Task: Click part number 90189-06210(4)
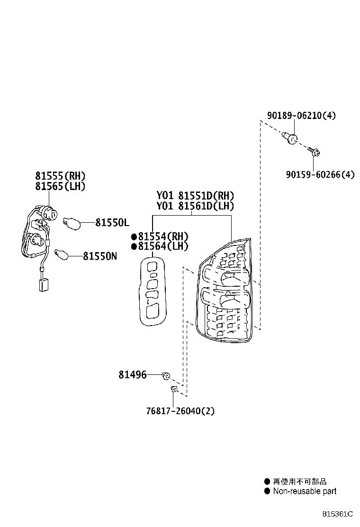coord(301,115)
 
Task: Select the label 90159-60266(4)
coord(320,174)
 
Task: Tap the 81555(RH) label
coord(60,176)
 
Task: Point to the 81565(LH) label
coord(60,186)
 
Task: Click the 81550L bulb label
coord(112,222)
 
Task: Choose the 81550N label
coord(100,256)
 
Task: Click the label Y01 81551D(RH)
coord(195,195)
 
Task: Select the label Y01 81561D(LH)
coord(195,206)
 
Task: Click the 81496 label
coord(132,374)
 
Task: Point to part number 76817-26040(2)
coord(180,411)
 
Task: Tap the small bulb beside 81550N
coord(62,254)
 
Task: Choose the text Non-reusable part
coord(304,491)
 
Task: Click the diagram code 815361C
coord(338,514)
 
